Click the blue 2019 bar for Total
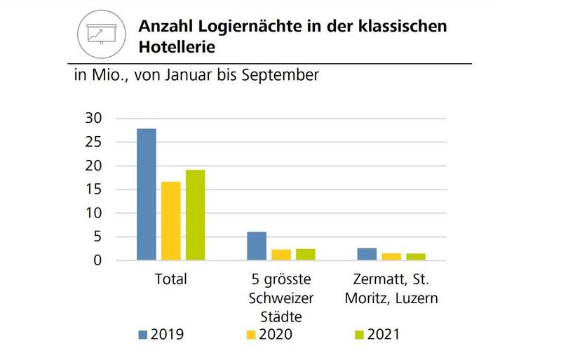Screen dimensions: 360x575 (x=146, y=194)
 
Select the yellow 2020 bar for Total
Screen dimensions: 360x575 (x=170, y=221)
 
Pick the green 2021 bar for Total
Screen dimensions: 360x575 (x=195, y=215)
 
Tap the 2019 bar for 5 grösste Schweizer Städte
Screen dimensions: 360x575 (x=257, y=246)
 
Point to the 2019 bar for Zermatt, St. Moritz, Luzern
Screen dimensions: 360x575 (x=367, y=254)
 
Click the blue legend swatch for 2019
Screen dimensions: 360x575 (x=144, y=335)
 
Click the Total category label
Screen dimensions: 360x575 (x=170, y=279)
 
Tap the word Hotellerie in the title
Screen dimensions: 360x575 (x=176, y=47)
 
